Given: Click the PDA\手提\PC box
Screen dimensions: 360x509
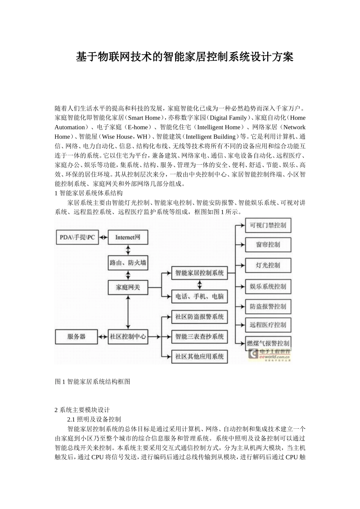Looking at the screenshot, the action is tap(77, 237).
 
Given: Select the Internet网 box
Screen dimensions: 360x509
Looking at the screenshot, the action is tap(128, 237).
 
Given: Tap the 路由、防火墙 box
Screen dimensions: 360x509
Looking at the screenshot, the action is tap(128, 262).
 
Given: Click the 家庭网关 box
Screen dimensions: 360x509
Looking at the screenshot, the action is tap(128, 287).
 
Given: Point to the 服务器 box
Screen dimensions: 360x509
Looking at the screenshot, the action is tap(77, 336).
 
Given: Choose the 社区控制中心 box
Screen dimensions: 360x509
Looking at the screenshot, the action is tap(128, 336).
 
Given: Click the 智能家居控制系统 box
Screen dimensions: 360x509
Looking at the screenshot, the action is tap(200, 273).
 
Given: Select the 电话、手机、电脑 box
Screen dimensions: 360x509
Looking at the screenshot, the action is tap(200, 297).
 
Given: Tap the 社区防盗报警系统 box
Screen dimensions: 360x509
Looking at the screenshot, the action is tap(200, 317).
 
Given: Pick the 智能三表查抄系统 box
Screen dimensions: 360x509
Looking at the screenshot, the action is tap(200, 336).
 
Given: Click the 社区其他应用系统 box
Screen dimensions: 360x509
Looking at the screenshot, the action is tap(200, 356).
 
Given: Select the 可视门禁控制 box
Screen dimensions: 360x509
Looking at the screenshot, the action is tap(268, 225).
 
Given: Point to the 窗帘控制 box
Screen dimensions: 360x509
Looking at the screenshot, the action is tap(268, 245).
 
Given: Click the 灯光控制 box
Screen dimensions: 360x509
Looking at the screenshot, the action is tap(268, 265).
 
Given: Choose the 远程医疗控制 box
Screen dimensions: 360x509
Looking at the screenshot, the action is tap(268, 325).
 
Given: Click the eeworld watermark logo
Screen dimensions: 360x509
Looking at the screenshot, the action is tap(270, 354).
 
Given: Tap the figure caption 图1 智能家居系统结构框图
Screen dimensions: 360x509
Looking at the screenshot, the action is tap(93, 382).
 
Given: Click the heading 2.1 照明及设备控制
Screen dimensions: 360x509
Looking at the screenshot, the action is tap(94, 419).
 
